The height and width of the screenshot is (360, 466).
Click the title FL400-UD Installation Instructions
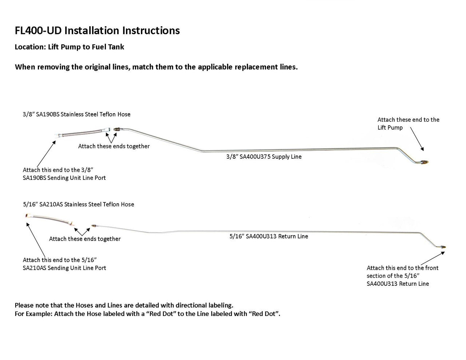click(x=97, y=31)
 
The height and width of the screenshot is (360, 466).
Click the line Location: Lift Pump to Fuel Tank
click(x=69, y=47)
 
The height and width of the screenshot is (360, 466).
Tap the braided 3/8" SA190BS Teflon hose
click(x=82, y=132)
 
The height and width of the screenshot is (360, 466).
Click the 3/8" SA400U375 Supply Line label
click(x=264, y=157)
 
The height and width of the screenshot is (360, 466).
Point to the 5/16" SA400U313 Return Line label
click(x=269, y=236)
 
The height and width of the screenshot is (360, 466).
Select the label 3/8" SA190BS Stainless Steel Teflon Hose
click(x=76, y=114)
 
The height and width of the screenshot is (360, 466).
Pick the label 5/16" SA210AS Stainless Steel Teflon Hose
click(x=78, y=205)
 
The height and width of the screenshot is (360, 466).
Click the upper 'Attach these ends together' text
click(x=114, y=146)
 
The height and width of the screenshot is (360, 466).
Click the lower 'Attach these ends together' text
click(x=85, y=239)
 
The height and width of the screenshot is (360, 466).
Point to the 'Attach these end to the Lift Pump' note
click(x=408, y=123)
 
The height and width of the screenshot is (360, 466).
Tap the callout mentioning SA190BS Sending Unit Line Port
click(x=64, y=174)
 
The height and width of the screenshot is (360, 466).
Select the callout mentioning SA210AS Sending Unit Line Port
click(x=64, y=264)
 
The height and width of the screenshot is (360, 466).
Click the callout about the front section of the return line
click(x=402, y=276)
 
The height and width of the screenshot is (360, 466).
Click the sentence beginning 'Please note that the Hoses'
click(x=124, y=305)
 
